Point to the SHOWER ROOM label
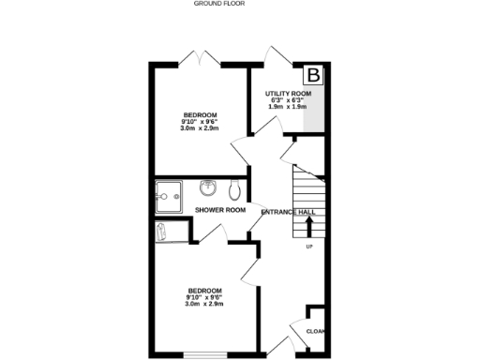(x=220, y=210)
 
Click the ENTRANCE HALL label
(x=288, y=213)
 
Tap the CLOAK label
(x=315, y=330)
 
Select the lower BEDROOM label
(x=203, y=290)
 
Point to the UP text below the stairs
(x=308, y=247)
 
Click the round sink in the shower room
(x=208, y=187)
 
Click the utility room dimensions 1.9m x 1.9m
(x=289, y=107)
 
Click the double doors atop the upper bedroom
(x=200, y=58)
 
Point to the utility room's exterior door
(x=277, y=56)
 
